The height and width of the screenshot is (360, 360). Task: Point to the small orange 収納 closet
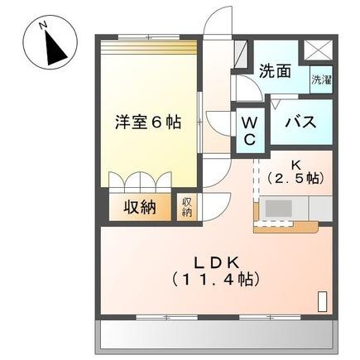[x=188, y=207]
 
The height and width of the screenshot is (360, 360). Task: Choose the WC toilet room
[x=249, y=130]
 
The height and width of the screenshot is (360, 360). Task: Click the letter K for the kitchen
[x=295, y=162]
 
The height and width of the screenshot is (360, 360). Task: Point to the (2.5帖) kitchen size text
[x=295, y=178]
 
